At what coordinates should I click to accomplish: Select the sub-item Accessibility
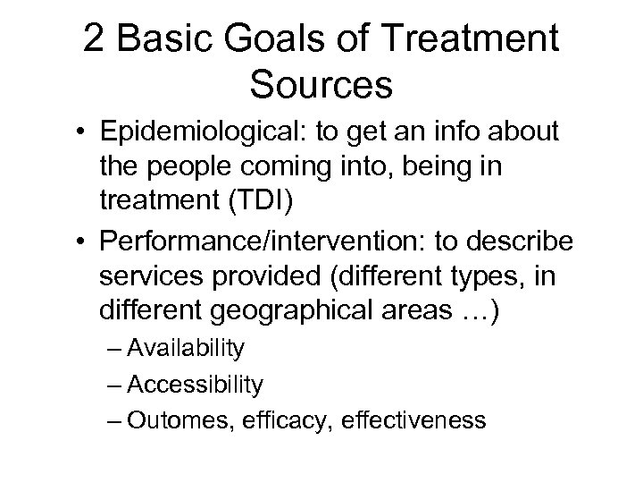(x=196, y=386)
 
